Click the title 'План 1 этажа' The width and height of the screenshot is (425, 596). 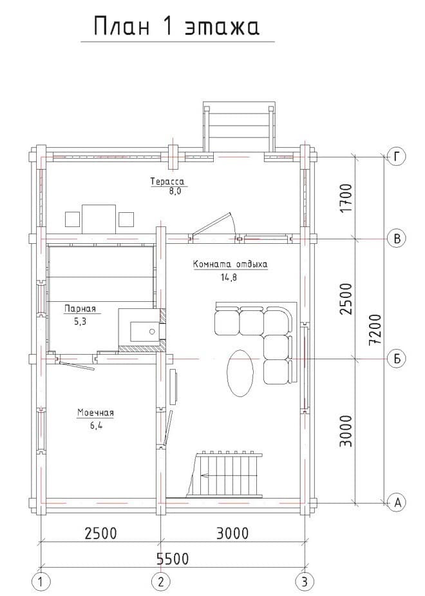coord(176,26)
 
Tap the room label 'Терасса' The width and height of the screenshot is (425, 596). coord(167,181)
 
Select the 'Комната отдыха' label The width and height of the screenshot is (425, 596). coord(231,264)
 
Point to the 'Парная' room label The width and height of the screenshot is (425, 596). coord(80,308)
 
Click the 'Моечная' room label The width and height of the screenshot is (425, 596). coord(95,413)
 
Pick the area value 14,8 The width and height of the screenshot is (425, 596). coord(229,277)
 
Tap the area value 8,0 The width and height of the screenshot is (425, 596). coord(175,191)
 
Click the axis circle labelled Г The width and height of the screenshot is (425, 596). coord(397,157)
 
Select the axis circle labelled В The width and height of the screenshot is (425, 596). coord(397,238)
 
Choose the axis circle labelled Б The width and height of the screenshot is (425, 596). coord(397,359)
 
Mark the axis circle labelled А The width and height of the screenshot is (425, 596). coord(397,502)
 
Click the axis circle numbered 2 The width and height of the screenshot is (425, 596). coord(161,581)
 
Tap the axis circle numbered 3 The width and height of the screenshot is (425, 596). coord(305,581)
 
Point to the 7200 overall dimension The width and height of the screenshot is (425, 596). coord(375,329)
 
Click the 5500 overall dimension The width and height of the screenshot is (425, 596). coord(173,559)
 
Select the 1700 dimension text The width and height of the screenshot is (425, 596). coord(346,198)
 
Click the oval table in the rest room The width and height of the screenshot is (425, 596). coord(240,373)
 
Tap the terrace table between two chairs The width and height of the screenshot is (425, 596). coord(99,219)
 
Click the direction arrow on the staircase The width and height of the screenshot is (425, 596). coord(207,475)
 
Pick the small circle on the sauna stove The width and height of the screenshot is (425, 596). coord(153,332)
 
